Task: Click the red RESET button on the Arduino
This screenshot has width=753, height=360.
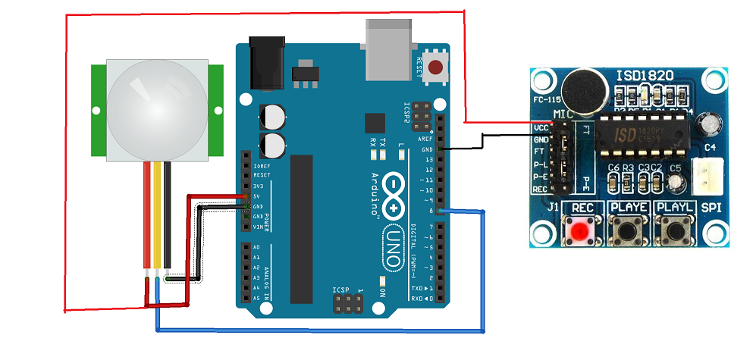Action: pyautogui.click(x=435, y=67)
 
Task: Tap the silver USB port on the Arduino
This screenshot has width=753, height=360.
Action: pyautogui.click(x=388, y=49)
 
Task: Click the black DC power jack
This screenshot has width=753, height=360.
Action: pyautogui.click(x=266, y=63)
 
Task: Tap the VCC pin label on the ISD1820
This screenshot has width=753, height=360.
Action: pyautogui.click(x=540, y=128)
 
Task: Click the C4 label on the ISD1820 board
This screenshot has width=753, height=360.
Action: pyautogui.click(x=709, y=147)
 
